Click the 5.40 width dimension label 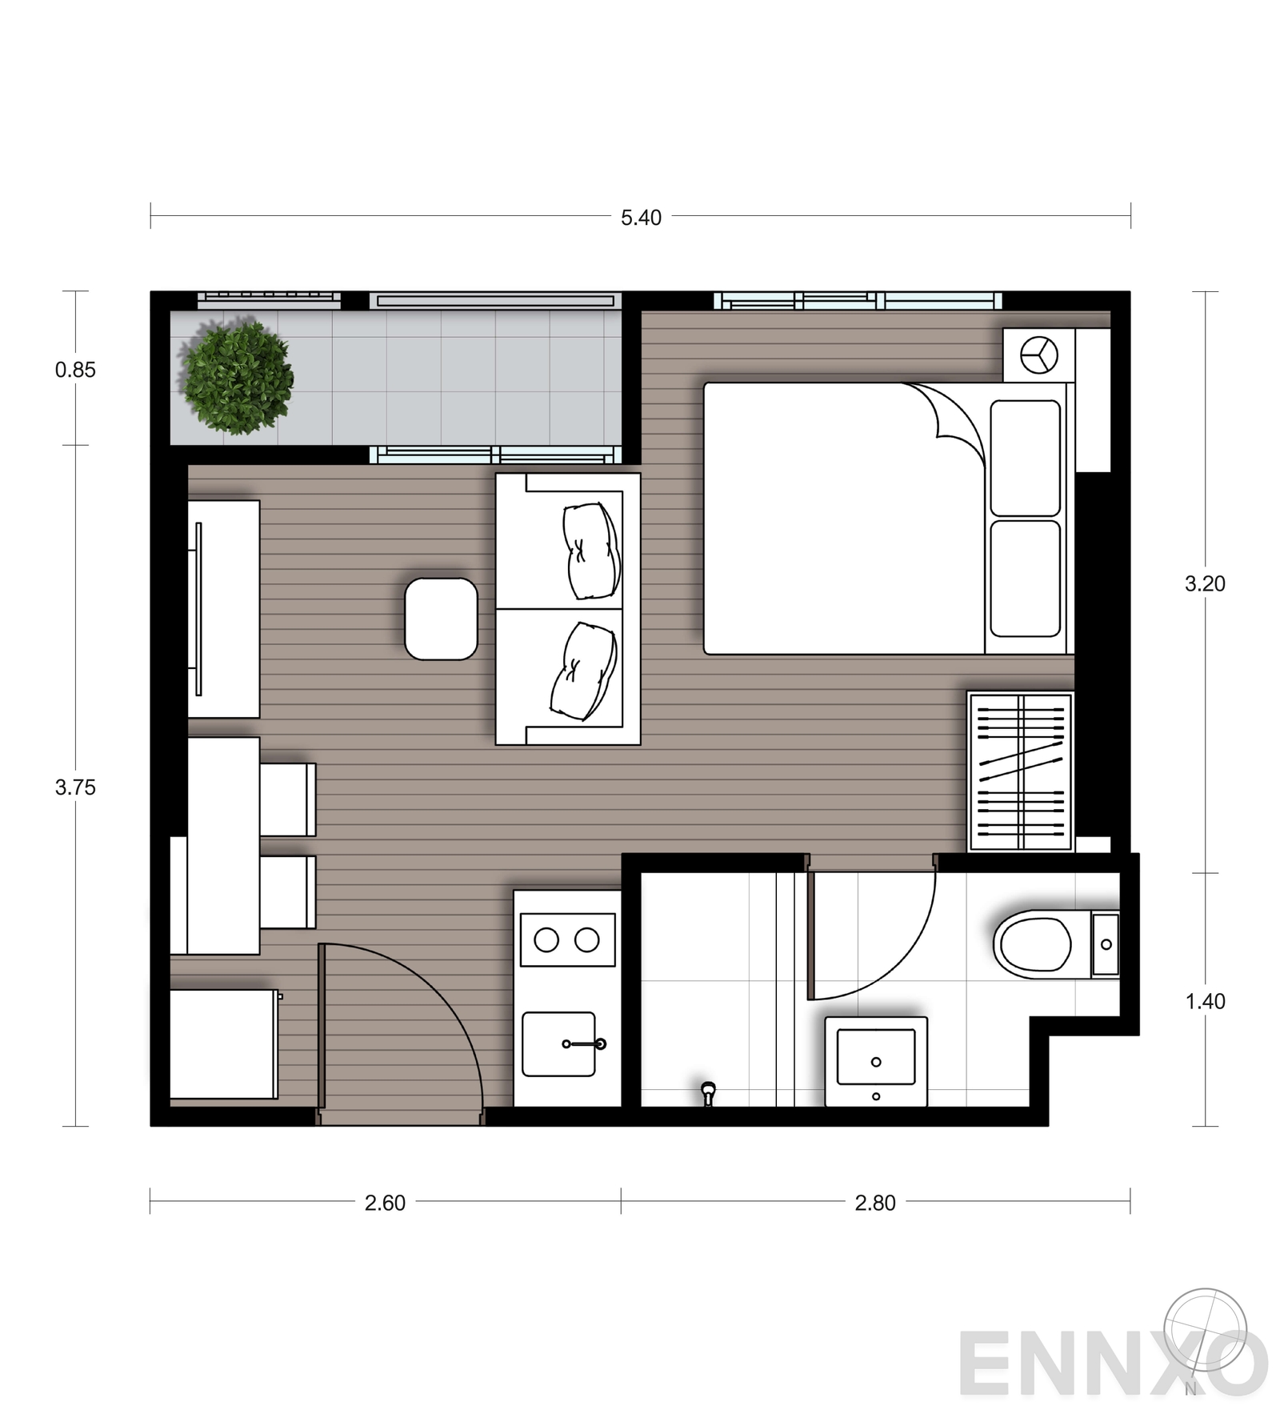641,218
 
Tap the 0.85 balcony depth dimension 75,370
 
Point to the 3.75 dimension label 75,787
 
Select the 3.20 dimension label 1205,584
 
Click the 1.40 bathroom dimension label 1205,1001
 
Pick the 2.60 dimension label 385,1203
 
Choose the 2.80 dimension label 875,1203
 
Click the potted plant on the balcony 237,378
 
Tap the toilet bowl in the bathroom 1033,944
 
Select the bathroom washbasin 876,1062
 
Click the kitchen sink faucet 585,1043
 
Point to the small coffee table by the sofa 441,619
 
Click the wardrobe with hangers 1020,771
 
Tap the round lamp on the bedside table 1039,355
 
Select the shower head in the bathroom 708,1092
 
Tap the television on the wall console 198,609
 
